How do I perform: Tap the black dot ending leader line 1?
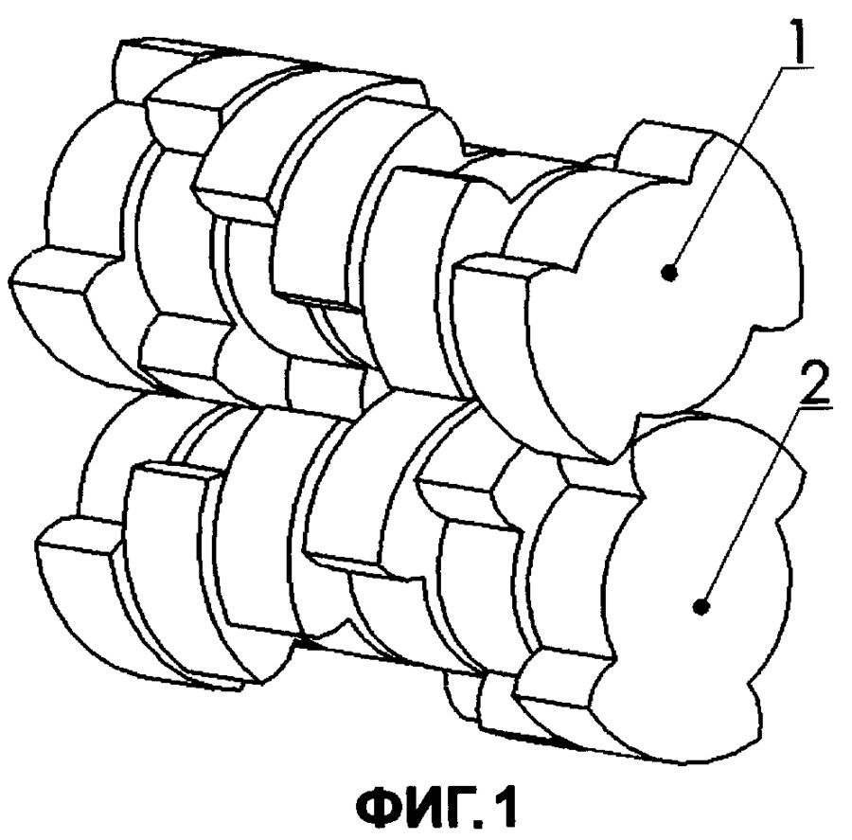tap(670, 273)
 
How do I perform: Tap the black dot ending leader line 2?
tap(701, 606)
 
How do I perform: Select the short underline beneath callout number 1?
tap(796, 67)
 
